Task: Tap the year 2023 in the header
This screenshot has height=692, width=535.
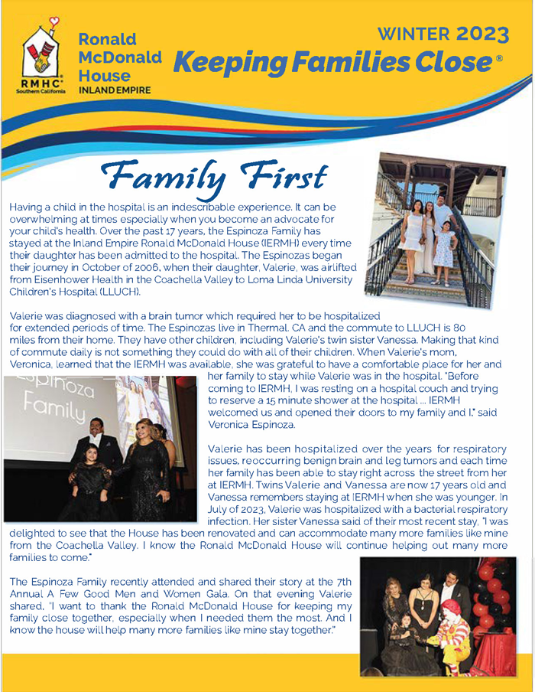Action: coord(482,34)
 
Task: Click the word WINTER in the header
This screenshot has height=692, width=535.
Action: coord(413,34)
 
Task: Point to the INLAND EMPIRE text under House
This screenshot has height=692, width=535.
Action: coord(115,90)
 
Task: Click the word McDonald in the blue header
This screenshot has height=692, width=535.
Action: coord(120,57)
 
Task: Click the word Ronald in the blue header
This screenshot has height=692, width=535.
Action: coord(107,39)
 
